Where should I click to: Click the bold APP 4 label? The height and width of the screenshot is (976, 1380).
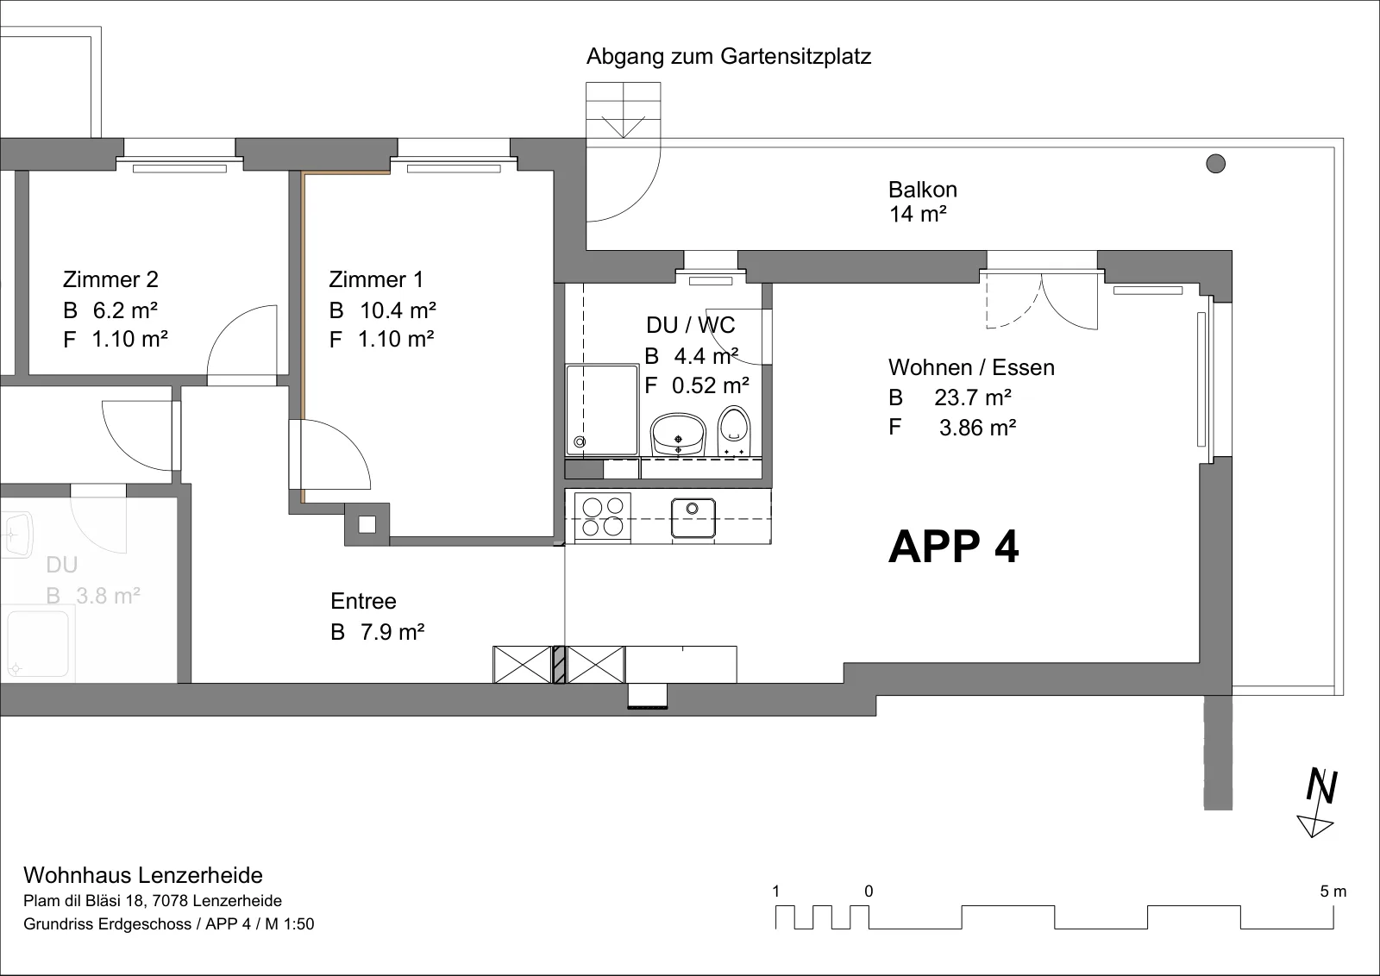(953, 546)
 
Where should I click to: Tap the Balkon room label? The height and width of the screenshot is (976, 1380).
(922, 190)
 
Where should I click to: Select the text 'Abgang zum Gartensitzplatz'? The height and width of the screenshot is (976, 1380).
(729, 56)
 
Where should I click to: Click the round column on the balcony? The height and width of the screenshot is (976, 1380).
(1215, 164)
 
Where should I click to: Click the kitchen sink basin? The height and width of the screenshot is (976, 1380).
(693, 518)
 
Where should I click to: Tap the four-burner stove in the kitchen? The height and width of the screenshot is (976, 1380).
(603, 517)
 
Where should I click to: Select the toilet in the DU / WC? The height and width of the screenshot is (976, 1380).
(734, 431)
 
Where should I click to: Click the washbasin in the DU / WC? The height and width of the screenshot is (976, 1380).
(678, 435)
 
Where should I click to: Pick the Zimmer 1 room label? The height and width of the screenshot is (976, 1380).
(376, 279)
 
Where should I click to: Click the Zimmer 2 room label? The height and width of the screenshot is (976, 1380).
(110, 279)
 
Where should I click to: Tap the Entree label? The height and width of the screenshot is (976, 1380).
(363, 601)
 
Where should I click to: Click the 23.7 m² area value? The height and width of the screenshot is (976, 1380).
(973, 397)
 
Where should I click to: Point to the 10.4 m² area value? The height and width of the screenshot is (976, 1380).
(398, 310)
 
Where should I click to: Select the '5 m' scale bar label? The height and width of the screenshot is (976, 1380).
(1333, 891)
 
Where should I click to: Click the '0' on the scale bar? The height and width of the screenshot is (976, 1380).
(869, 891)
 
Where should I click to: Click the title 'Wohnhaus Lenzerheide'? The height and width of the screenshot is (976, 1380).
(143, 875)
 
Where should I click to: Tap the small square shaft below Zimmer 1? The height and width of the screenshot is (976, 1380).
(367, 524)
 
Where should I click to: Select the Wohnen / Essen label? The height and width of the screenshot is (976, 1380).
(971, 367)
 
